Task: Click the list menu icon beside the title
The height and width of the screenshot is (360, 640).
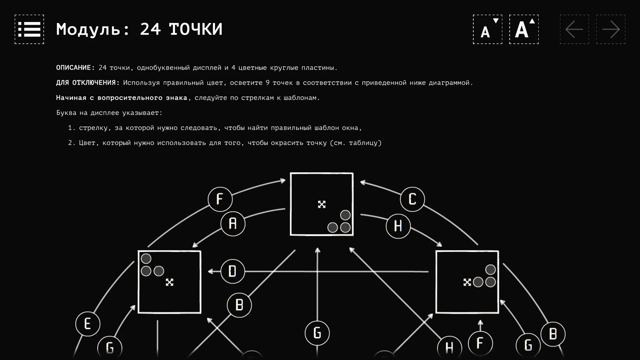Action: (x=29, y=29)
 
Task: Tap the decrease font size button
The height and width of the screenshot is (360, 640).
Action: (x=488, y=29)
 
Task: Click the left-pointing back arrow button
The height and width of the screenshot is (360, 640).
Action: (x=574, y=29)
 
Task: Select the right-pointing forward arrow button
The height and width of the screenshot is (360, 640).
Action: (x=611, y=29)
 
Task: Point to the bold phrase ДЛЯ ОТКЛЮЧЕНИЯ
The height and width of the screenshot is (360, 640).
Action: (x=88, y=83)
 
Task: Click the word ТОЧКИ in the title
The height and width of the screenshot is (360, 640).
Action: (x=196, y=29)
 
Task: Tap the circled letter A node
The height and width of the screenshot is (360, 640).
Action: (x=233, y=224)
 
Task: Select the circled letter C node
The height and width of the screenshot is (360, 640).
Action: (x=412, y=199)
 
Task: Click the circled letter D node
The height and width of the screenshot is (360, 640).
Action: (x=233, y=271)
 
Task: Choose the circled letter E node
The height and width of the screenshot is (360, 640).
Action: (x=88, y=324)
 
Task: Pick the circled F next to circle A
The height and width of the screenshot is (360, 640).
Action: (x=220, y=199)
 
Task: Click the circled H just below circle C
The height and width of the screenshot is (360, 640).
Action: (x=398, y=226)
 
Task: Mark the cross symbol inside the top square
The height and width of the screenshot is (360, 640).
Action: (x=322, y=204)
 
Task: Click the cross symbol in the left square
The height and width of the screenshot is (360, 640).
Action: (x=170, y=282)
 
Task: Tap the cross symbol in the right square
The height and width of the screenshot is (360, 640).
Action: (x=467, y=282)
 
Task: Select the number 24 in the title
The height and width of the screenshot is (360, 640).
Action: (x=150, y=29)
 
